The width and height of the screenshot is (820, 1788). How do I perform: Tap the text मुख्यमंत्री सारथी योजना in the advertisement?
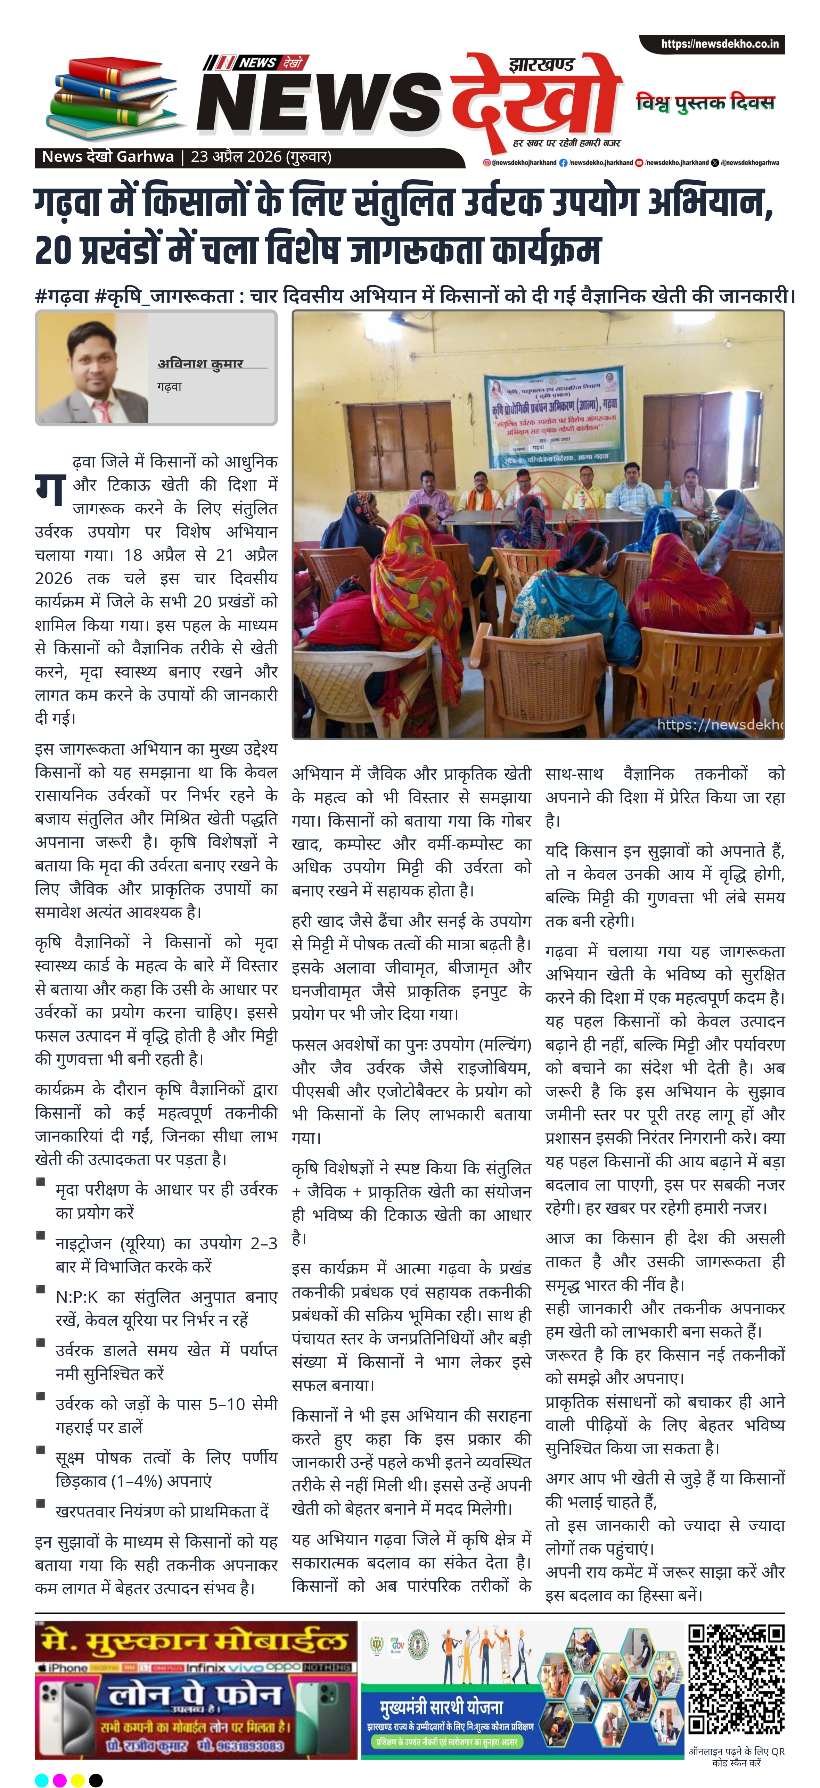441,1707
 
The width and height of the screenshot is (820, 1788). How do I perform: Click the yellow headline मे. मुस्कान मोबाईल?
195,1641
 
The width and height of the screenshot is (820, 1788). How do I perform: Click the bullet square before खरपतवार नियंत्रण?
41,1504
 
